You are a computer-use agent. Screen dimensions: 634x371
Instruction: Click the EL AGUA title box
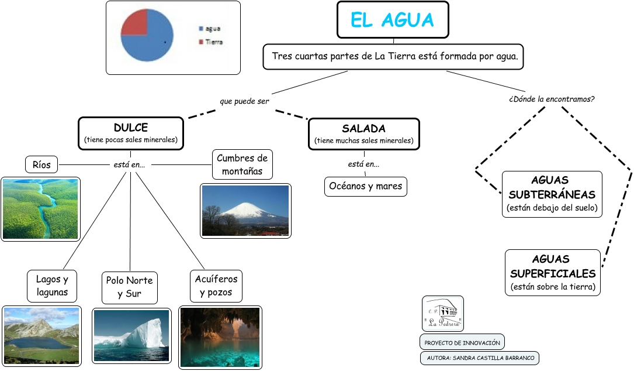point(393,20)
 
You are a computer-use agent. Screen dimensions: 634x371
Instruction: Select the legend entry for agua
point(209,28)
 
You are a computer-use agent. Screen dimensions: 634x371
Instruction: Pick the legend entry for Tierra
point(211,42)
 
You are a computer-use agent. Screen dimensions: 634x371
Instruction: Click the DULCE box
point(131,133)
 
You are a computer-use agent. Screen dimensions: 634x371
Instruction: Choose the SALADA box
point(364,134)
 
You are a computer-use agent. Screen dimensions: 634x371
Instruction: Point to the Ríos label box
point(41,165)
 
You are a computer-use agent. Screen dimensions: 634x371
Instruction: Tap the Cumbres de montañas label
point(242,164)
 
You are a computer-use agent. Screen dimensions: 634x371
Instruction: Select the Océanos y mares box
point(366,186)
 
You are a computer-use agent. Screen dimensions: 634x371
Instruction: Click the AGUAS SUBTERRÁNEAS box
point(552,194)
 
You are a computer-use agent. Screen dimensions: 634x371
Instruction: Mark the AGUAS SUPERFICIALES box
point(553,273)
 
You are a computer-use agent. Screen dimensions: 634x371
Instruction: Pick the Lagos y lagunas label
point(52,286)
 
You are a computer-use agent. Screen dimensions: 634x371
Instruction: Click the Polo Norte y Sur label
point(129,287)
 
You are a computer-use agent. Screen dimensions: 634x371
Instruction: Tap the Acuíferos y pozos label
point(216,286)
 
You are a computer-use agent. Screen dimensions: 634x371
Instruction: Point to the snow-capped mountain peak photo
point(245,211)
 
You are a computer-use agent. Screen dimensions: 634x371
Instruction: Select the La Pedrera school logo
point(443,314)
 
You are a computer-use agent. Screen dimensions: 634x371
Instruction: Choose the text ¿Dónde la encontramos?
point(552,99)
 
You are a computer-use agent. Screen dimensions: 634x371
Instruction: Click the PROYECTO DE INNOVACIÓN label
point(462,343)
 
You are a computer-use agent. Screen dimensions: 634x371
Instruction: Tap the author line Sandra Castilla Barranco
point(480,358)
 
